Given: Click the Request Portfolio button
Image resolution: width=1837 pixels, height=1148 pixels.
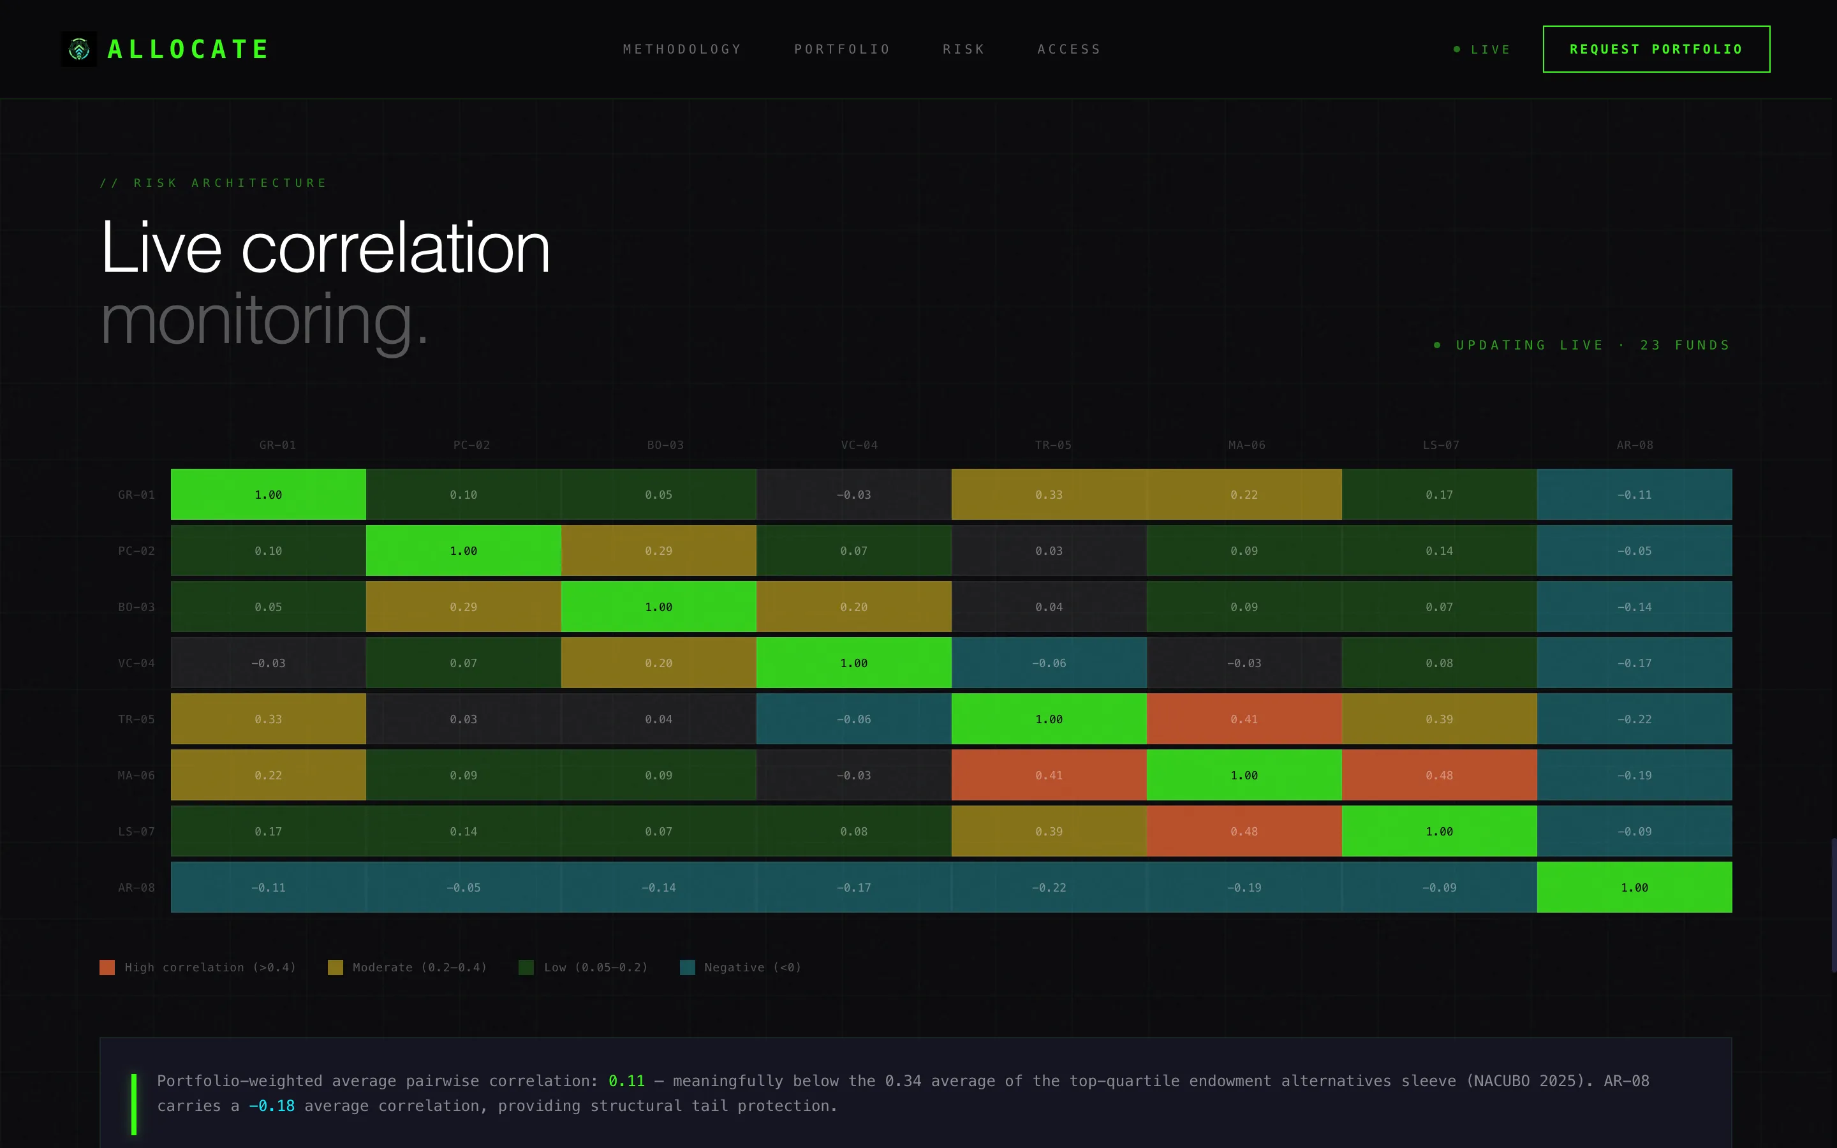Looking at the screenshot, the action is (x=1656, y=49).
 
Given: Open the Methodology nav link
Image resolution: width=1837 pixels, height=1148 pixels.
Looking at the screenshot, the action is (x=682, y=49).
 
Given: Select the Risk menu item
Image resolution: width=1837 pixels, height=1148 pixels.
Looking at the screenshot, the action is (x=963, y=49).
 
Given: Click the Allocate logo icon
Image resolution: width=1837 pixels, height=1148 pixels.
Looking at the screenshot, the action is (x=79, y=49).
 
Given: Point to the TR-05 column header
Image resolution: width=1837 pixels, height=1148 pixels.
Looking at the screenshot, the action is (x=1053, y=445).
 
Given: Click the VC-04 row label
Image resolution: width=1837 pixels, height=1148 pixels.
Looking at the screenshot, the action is (x=136, y=663).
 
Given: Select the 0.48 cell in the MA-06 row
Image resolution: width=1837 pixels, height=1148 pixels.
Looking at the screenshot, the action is (x=1439, y=775).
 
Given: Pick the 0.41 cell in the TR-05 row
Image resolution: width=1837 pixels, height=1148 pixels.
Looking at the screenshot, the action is (x=1244, y=719).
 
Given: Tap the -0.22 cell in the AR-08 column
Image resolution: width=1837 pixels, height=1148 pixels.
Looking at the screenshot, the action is (x=1634, y=719).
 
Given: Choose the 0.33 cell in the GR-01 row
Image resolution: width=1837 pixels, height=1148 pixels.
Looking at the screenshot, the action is (x=1049, y=494).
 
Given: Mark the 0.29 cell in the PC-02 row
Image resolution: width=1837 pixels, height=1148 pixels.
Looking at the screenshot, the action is (x=659, y=550).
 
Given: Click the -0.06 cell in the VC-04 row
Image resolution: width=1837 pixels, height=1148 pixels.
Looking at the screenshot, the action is (x=1049, y=663).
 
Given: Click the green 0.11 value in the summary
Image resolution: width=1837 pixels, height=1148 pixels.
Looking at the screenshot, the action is (x=626, y=1080).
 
